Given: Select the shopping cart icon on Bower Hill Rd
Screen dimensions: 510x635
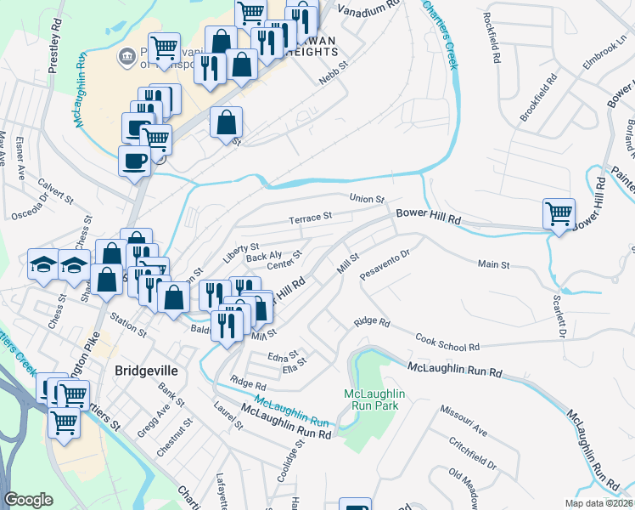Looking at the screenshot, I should tap(559, 214).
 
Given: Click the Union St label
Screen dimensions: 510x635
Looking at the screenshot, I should tap(368, 198).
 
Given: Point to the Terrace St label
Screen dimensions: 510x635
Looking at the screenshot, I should tap(309, 218).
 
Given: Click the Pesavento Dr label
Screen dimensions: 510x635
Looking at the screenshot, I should tap(385, 263).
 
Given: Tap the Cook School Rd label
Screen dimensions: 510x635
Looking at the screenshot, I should tap(447, 342).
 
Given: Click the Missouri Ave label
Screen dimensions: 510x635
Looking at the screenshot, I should tap(463, 421).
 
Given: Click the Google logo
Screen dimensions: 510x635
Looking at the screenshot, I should tap(28, 500).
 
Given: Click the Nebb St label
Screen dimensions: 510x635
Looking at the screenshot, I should tap(334, 73).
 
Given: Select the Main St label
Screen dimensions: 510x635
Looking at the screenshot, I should tap(492, 265).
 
